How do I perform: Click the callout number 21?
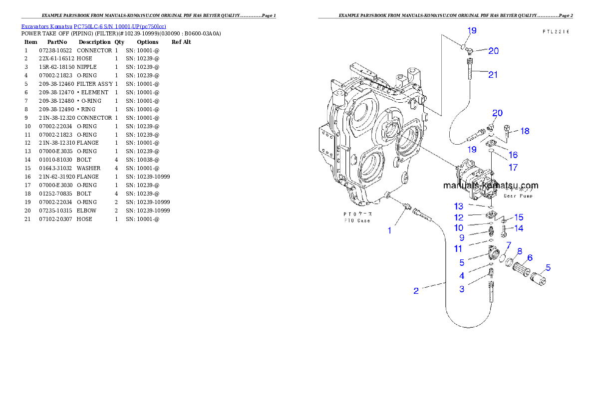(x=493, y=75)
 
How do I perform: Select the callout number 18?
(x=525, y=131)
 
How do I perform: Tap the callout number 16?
(x=513, y=155)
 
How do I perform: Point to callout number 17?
(x=513, y=168)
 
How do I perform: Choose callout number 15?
(x=519, y=217)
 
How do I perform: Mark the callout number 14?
(x=519, y=228)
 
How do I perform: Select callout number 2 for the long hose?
(x=416, y=291)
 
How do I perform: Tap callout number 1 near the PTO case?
(x=390, y=230)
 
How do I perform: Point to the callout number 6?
(x=530, y=257)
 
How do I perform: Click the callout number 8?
(x=519, y=251)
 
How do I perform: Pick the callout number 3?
(x=462, y=289)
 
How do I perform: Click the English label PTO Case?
(x=356, y=220)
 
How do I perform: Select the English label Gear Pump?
(x=518, y=196)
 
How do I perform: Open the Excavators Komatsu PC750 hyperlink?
(x=93, y=26)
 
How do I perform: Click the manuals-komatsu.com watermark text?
(x=491, y=185)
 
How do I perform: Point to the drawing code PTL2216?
(x=556, y=31)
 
